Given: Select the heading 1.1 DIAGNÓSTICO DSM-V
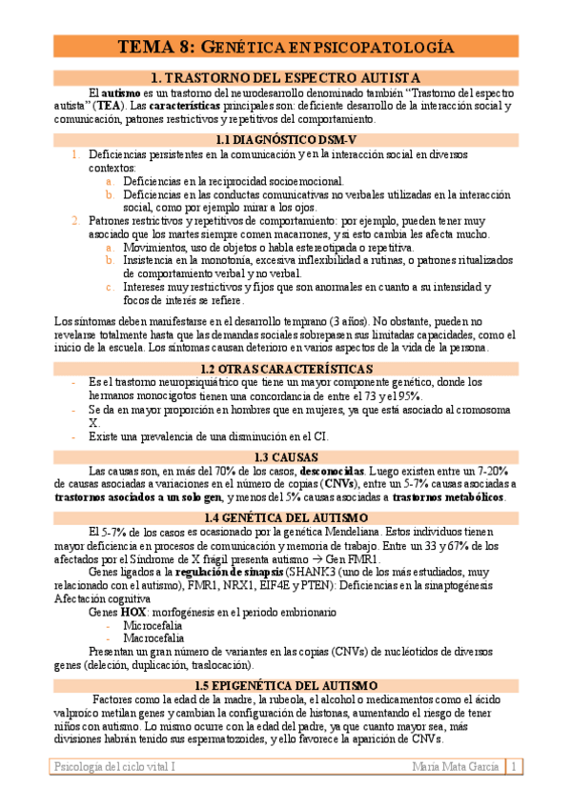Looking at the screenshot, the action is point(285,139).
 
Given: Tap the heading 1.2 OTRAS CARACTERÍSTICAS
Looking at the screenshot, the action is point(285,368).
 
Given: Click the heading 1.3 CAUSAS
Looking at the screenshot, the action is point(285,457).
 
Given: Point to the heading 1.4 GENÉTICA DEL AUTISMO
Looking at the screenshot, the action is point(285,517).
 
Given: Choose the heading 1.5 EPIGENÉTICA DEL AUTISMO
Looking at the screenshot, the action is point(285,685).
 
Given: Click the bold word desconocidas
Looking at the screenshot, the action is point(332,471).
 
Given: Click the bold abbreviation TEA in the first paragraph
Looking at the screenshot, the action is point(119,106).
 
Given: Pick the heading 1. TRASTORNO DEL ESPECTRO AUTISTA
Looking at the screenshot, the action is point(285,77).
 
